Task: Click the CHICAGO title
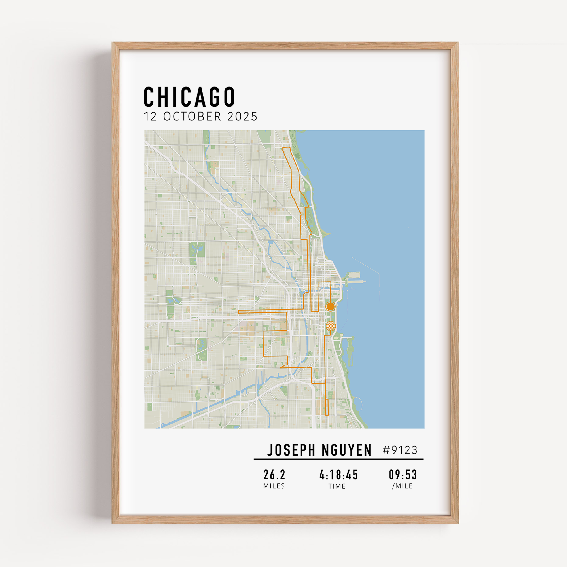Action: coord(189,97)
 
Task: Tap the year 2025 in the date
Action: coord(242,117)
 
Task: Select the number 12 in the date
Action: coord(150,117)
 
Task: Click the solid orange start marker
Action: coord(331,306)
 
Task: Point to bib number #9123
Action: coord(400,450)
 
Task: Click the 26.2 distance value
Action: coord(274,475)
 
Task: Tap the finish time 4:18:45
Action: coord(338,475)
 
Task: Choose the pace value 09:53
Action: coord(403,475)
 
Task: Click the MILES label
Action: coord(274,486)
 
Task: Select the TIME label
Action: coord(337,486)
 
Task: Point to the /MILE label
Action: coord(402,486)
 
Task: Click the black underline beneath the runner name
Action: coord(338,459)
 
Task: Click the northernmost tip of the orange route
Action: coord(286,147)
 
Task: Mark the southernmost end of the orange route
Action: coord(327,415)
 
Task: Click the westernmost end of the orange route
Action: coord(239,312)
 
